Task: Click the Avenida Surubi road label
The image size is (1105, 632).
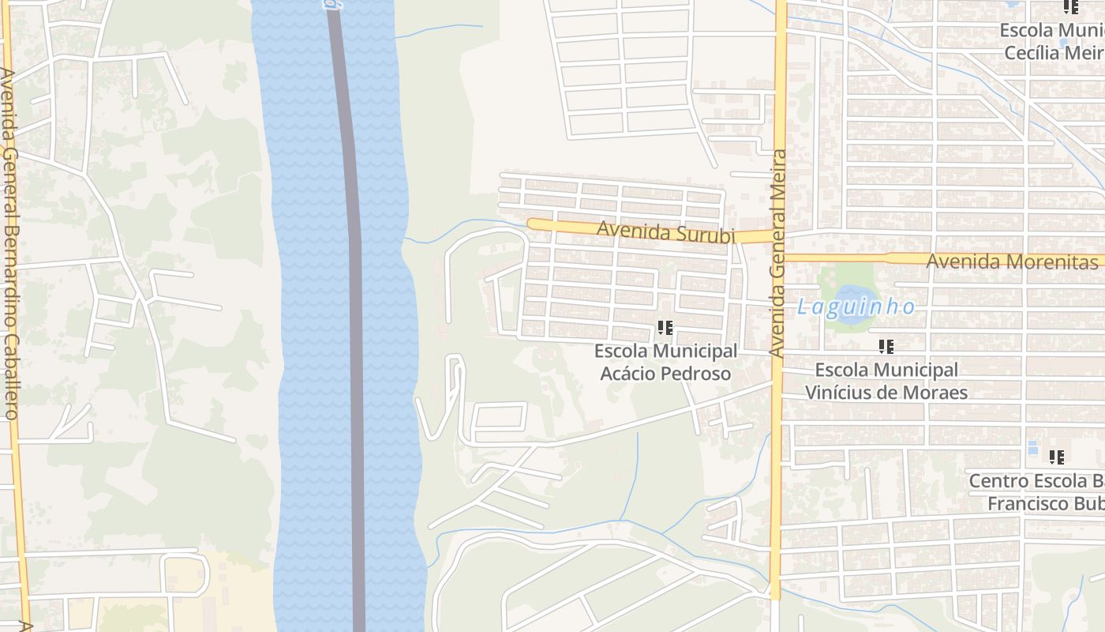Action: click(x=665, y=233)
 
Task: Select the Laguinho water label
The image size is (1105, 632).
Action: click(x=856, y=307)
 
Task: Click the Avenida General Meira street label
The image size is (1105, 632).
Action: click(x=779, y=253)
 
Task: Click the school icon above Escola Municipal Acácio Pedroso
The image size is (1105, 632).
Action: click(x=665, y=327)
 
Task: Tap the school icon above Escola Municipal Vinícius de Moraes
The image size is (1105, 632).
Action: click(x=886, y=346)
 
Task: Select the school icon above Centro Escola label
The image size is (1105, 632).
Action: click(x=1057, y=457)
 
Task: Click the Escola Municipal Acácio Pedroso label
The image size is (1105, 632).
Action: click(x=665, y=362)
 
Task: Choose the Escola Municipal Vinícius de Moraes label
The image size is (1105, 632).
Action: click(x=886, y=381)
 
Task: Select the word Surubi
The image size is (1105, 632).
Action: click(x=706, y=235)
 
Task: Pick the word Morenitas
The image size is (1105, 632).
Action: click(x=1049, y=261)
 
